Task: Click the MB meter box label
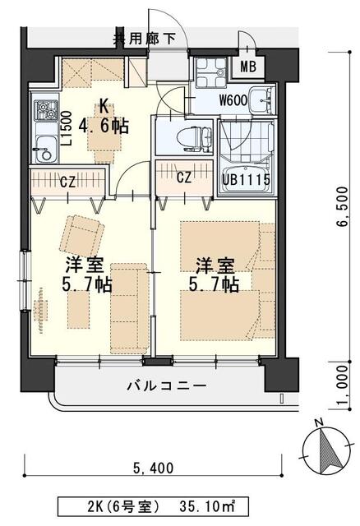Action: coord(248,68)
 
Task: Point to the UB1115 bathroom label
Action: coord(244,178)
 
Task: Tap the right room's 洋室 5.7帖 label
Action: coord(215,275)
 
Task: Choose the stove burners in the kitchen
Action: coord(43,109)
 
